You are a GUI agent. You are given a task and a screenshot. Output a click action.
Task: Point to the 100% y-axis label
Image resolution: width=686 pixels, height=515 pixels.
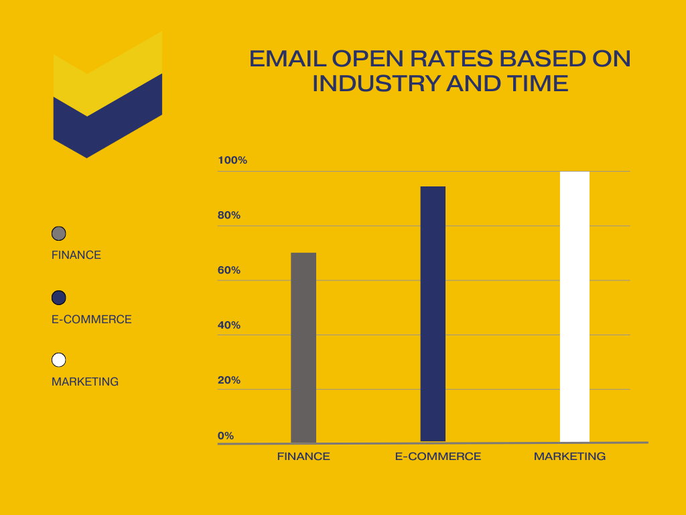click(232, 160)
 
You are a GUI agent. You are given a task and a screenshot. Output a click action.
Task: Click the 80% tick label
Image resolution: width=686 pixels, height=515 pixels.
click(229, 215)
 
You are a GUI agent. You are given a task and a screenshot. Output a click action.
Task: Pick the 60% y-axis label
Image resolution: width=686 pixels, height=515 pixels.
click(229, 270)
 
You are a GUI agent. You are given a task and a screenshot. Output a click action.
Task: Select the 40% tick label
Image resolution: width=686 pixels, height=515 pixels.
click(229, 325)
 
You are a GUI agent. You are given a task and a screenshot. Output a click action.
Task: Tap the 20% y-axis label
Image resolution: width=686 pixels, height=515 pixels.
click(229, 380)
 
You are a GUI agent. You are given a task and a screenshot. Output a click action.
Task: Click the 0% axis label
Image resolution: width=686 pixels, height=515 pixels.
click(226, 435)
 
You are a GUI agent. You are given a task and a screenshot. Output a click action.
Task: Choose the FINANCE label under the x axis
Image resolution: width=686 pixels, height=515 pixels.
click(303, 457)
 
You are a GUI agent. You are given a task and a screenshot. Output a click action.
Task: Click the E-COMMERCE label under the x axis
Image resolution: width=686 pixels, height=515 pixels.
click(438, 457)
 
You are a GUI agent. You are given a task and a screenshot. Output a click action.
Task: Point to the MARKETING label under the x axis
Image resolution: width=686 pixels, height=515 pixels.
click(569, 457)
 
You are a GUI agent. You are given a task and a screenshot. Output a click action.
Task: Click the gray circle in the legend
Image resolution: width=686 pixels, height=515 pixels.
click(59, 233)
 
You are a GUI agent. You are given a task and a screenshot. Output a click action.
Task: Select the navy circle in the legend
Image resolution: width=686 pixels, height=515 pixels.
click(59, 297)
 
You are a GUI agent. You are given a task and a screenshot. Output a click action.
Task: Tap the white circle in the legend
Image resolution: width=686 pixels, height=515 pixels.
click(59, 360)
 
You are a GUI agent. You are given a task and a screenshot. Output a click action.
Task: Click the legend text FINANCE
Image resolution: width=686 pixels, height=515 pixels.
click(76, 255)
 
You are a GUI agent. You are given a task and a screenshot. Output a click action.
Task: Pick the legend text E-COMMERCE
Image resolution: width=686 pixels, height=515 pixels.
click(92, 319)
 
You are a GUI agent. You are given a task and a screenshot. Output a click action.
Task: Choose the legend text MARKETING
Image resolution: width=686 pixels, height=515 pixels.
click(85, 382)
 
